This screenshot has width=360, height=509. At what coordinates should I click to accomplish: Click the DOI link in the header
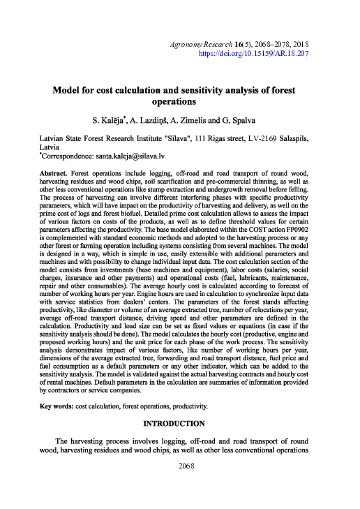coord(254,53)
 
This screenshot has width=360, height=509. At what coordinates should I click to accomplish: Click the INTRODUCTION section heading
coord(174,423)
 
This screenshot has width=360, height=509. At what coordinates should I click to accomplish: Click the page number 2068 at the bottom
coord(179,465)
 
